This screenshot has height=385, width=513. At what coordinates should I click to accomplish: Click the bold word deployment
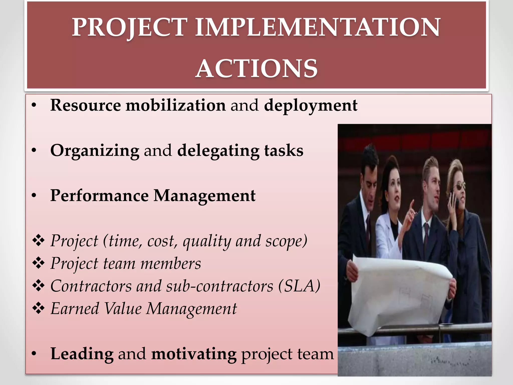click(x=311, y=105)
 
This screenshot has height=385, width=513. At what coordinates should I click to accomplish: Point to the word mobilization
click(x=176, y=105)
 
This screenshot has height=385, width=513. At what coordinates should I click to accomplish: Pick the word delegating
click(x=218, y=151)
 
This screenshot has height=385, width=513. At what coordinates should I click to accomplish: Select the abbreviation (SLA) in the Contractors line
click(x=299, y=286)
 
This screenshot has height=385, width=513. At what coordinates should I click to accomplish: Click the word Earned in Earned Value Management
click(x=75, y=309)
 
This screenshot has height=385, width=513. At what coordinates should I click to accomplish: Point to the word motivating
click(x=194, y=354)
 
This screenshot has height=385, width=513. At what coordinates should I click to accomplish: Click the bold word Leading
click(x=82, y=354)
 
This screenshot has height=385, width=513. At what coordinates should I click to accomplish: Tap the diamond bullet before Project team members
click(x=38, y=263)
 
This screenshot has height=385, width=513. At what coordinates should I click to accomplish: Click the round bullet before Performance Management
click(x=34, y=196)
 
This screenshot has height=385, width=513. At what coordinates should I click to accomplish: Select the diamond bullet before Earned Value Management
click(x=38, y=309)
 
